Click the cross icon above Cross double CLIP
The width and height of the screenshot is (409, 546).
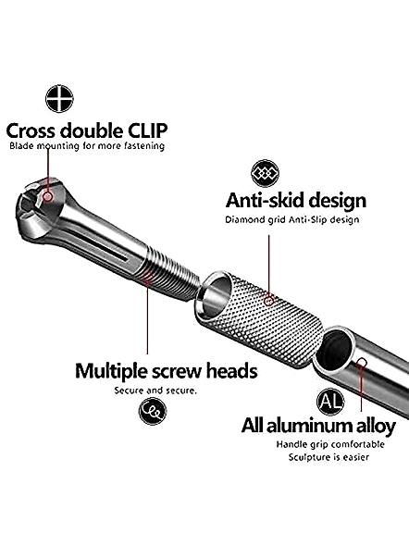pos(59,98)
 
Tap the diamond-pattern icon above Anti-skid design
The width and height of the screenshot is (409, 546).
pos(266,173)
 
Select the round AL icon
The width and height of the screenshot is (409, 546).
pos(330,402)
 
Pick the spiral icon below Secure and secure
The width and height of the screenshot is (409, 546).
pos(153,411)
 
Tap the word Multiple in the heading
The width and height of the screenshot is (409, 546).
pos(111,371)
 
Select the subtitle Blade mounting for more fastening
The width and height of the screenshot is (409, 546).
pos(87,145)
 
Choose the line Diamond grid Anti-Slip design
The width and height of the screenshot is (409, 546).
pos(292,219)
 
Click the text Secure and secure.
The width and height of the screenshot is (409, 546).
pos(155,391)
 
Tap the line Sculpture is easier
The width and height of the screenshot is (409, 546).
pos(328,457)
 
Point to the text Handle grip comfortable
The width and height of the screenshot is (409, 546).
pos(330,444)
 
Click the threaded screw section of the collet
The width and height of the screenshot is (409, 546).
pos(169,274)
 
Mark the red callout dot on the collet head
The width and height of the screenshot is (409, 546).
pos(48,197)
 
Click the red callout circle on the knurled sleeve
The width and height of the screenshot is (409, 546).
pos(268,301)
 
